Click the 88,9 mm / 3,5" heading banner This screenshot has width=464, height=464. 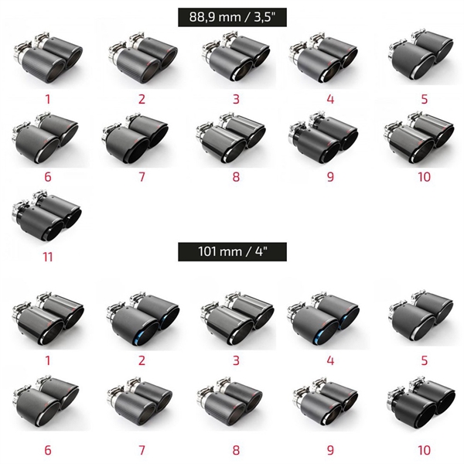pos(232,17)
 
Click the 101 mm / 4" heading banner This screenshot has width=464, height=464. pos(232,252)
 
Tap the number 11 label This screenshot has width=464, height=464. pos(48,257)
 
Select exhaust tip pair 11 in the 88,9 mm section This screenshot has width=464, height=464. pos(46,216)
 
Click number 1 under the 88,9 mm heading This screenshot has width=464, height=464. pos(48,99)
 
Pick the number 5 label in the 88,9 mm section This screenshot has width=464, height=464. pos(425,99)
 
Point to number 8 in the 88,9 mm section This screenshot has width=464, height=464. pos(236,177)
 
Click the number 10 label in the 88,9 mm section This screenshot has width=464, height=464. pos(424,177)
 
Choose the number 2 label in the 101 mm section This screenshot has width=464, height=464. pos(142,360)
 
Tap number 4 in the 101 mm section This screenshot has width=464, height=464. pos(330,360)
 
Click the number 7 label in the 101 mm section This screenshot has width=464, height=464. pos(142,450)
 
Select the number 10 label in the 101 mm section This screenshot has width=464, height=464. pos(424,450)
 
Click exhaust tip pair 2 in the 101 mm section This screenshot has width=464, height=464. pos(143,319)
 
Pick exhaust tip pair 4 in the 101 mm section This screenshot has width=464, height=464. pos(323,319)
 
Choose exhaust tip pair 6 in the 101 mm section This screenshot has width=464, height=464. pos(46,401)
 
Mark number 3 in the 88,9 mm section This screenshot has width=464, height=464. pos(236,99)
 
